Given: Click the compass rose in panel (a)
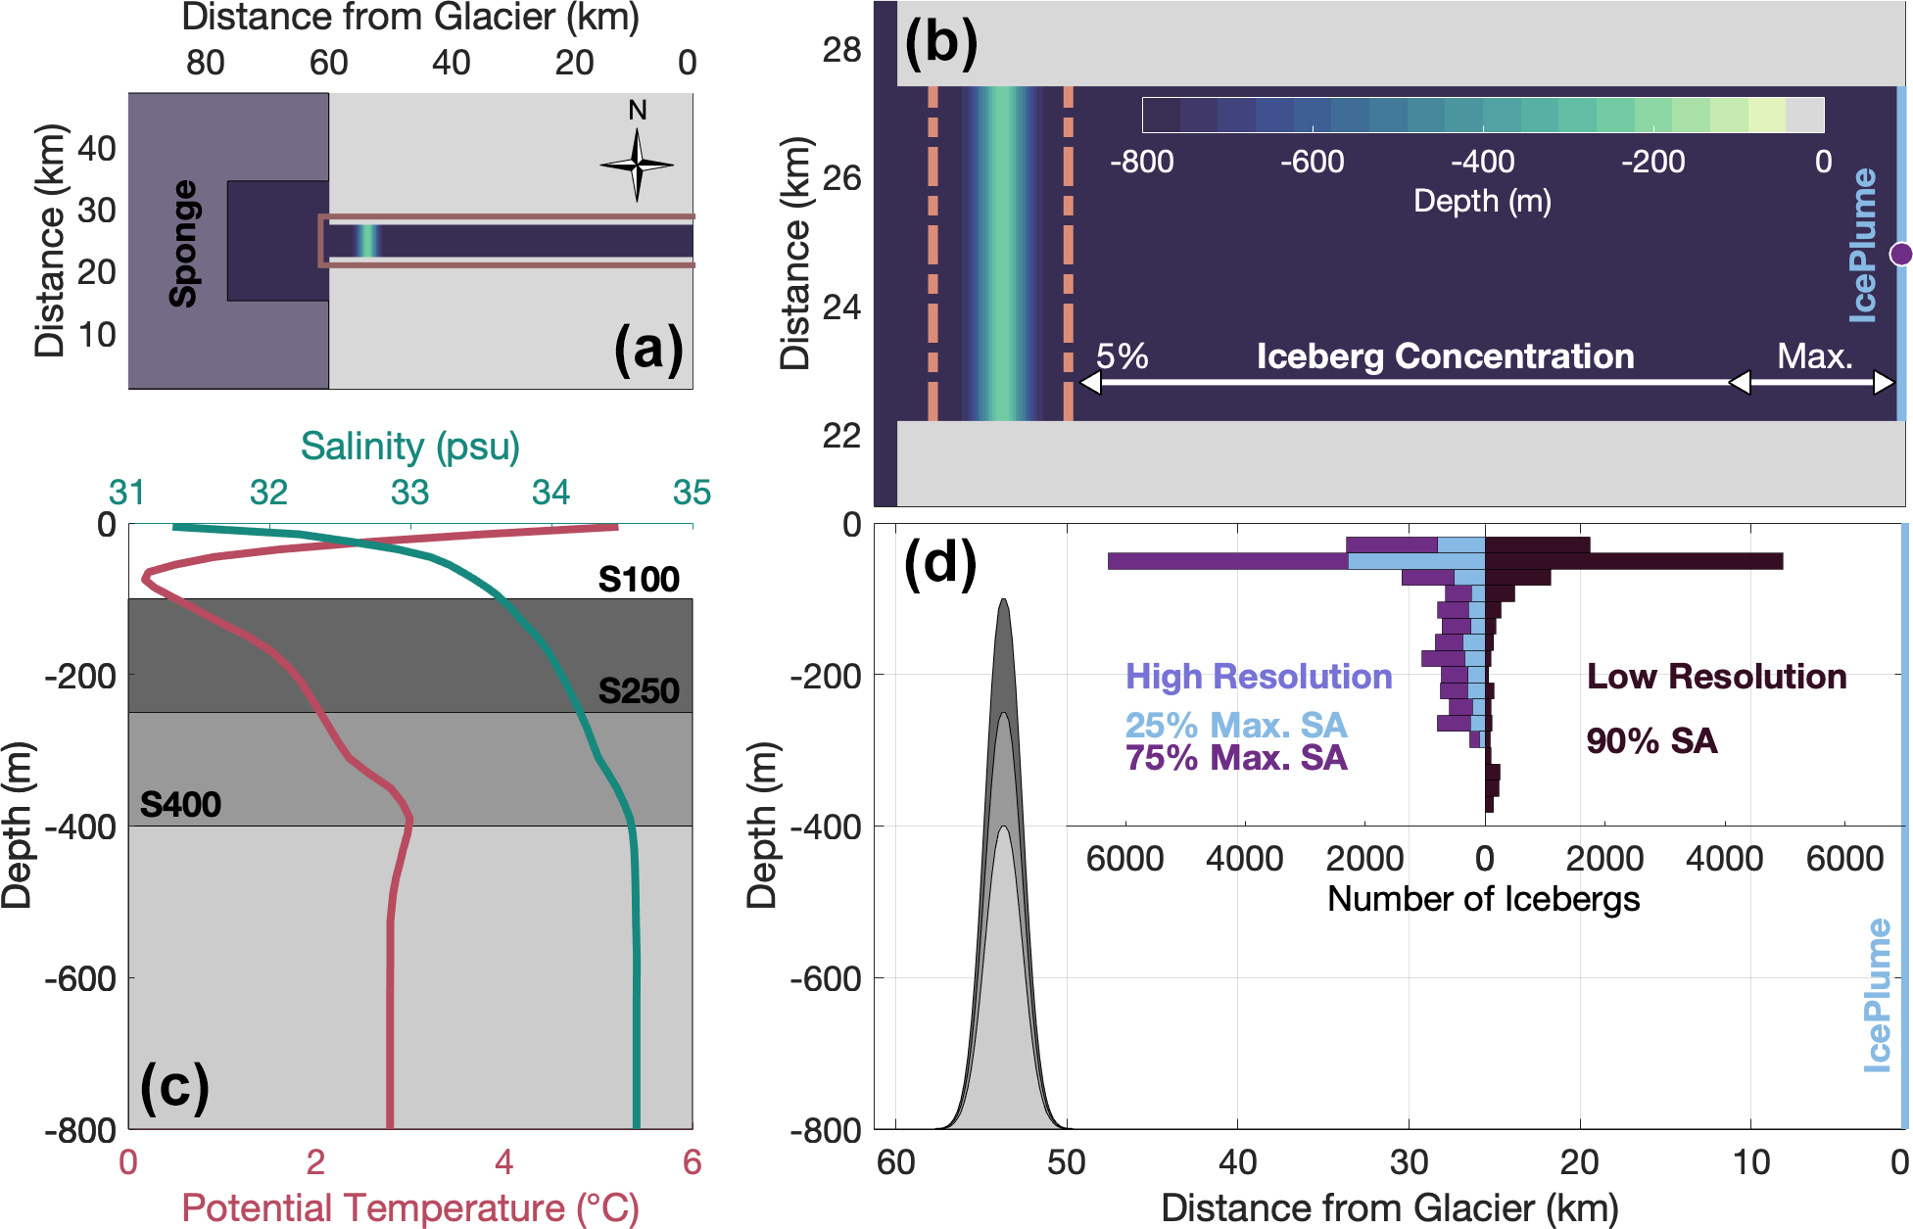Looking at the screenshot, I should tap(637, 164).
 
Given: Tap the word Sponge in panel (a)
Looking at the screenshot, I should tap(183, 244).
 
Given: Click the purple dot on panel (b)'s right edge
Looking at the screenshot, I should tap(1900, 255).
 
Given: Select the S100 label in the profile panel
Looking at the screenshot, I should tap(639, 580).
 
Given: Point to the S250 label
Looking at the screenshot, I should tap(639, 691).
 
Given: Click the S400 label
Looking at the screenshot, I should tap(180, 805).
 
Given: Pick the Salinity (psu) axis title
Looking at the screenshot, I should tap(409, 447).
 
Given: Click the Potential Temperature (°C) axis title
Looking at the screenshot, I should tap(409, 1208).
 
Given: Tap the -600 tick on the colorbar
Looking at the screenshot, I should tap(1312, 162).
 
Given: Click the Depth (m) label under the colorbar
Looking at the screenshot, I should tap(1482, 202).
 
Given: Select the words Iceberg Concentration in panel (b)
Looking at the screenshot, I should tap(1445, 356).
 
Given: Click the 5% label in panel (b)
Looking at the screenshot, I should tap(1122, 356).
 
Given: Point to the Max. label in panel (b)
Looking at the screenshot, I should tap(1814, 356).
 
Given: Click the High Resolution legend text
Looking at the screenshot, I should tap(1258, 677).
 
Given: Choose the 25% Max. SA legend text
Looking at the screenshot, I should tap(1236, 726).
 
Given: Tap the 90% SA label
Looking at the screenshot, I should tap(1651, 741).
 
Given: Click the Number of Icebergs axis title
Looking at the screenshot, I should tap(1483, 899).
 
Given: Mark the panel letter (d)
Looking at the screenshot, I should tap(939, 565).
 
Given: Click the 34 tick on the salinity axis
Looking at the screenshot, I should tap(550, 493).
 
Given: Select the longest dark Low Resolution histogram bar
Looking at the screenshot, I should tap(1633, 561).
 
